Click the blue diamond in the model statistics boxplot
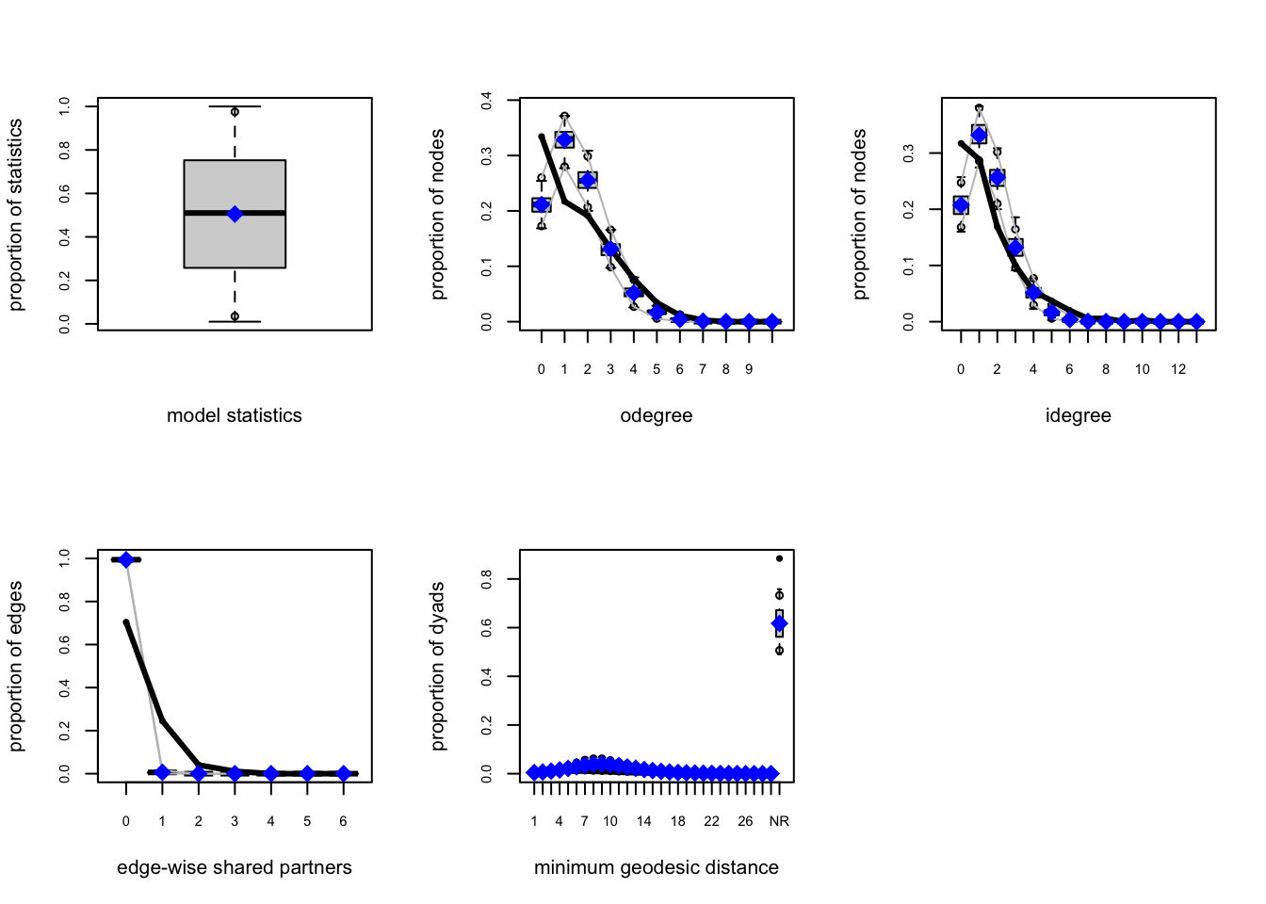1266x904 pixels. coord(235,214)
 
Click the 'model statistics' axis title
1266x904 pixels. coord(235,415)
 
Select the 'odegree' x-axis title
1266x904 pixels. coord(657,415)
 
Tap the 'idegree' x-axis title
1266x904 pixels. coord(1079,415)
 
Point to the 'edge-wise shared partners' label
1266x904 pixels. coord(235,867)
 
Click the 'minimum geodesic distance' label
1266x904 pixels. coord(657,867)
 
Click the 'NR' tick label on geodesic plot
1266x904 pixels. coord(779,821)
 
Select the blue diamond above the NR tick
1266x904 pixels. coord(779,623)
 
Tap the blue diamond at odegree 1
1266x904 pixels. coord(564,139)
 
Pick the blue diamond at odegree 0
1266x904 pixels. coord(542,204)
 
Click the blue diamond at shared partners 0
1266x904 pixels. coord(126,559)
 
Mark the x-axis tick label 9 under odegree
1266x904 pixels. coord(749,369)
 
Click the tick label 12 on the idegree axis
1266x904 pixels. coord(1178,369)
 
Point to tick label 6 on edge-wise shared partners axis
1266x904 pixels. coord(343,821)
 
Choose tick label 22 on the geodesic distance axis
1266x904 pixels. coord(711,821)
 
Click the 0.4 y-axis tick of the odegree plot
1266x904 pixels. coord(487,100)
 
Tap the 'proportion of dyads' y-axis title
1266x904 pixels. coord(438,666)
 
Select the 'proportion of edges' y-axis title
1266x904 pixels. coord(16,666)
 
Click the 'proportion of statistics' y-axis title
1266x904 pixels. coord(16,214)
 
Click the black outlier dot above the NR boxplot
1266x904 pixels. coord(779,558)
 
